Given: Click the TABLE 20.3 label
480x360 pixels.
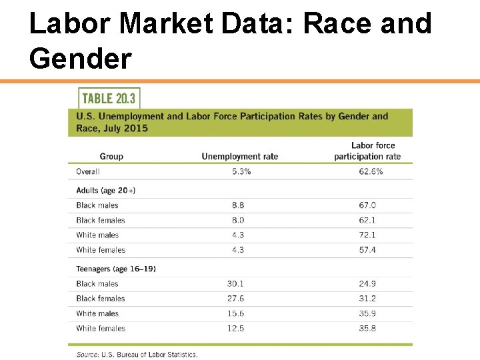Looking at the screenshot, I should click(108, 99).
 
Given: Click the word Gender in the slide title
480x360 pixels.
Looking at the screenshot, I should click(81, 58).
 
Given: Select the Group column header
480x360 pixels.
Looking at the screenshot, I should click(111, 157).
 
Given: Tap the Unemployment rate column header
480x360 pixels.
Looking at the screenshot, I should click(239, 157).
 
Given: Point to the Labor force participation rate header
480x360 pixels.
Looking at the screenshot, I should click(367, 151).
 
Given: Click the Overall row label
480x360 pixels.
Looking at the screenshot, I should click(88, 171).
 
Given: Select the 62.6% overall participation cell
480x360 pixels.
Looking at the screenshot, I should click(367, 171).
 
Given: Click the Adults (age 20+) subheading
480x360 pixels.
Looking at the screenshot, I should click(106, 190).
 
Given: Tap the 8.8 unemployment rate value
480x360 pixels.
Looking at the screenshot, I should click(238, 205).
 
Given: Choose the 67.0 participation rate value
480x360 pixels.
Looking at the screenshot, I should click(367, 205).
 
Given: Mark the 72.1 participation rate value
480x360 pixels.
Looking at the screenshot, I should click(367, 235).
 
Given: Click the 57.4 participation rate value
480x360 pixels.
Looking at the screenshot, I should click(367, 250).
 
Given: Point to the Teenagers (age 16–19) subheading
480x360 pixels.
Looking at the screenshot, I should click(116, 269).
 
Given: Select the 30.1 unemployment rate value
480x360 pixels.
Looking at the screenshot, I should click(236, 284).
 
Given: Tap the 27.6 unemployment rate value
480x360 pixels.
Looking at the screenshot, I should click(236, 299).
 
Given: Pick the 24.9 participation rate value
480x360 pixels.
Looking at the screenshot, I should click(367, 284).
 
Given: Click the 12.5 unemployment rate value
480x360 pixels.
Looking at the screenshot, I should click(236, 329).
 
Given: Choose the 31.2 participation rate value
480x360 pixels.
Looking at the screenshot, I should click(367, 299).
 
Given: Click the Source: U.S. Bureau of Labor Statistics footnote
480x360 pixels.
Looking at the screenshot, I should click(137, 355).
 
